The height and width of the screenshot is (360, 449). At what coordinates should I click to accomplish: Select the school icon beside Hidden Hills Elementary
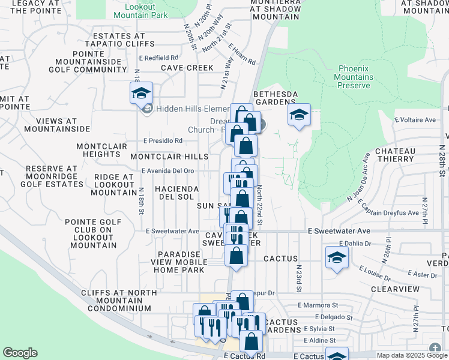(x=142, y=93)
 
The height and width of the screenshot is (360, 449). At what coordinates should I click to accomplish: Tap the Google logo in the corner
(x=20, y=353)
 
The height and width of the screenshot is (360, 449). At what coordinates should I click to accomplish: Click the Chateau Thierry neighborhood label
(x=404, y=155)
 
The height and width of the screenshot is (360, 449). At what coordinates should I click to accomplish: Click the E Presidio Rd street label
(x=163, y=141)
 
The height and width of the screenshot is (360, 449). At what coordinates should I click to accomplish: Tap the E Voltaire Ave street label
(x=415, y=120)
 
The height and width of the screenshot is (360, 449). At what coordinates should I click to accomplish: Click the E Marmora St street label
(x=330, y=305)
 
